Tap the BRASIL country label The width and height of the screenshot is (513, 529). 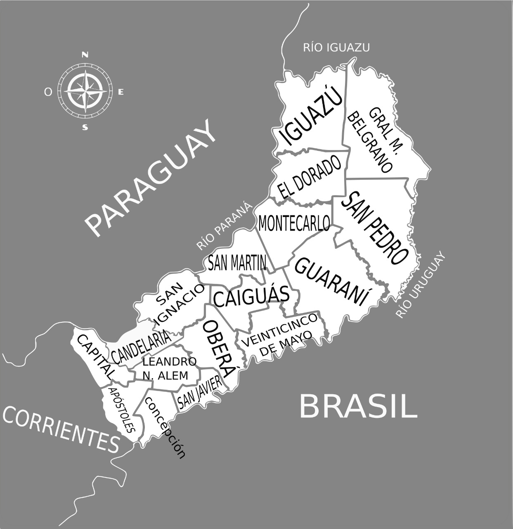click(x=358, y=406)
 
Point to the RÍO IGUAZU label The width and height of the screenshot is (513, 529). click(x=336, y=48)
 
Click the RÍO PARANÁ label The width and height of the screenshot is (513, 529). click(x=224, y=226)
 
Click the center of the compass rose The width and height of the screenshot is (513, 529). click(x=85, y=91)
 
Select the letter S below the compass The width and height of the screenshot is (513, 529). click(x=85, y=127)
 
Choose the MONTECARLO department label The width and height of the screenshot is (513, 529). click(x=294, y=223)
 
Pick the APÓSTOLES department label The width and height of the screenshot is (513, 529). click(x=121, y=409)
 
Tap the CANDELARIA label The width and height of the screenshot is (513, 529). click(x=141, y=347)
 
